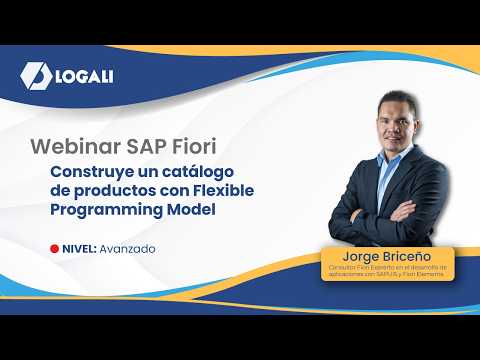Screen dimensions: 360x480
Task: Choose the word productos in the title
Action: [x=102, y=191]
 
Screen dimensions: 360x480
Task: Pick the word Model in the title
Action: [x=190, y=210]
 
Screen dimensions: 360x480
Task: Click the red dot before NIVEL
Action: [x=53, y=248]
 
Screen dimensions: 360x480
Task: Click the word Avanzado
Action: [x=127, y=248]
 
